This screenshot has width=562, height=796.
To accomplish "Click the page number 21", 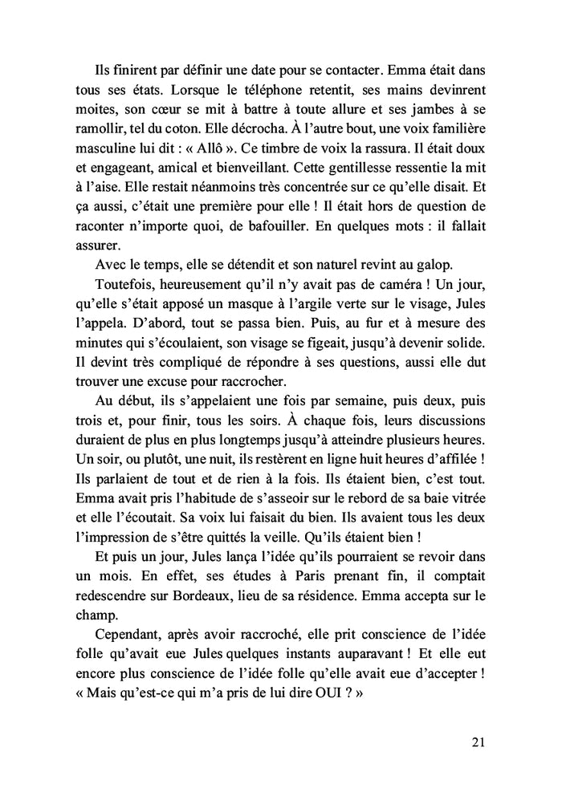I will point(478,742).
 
